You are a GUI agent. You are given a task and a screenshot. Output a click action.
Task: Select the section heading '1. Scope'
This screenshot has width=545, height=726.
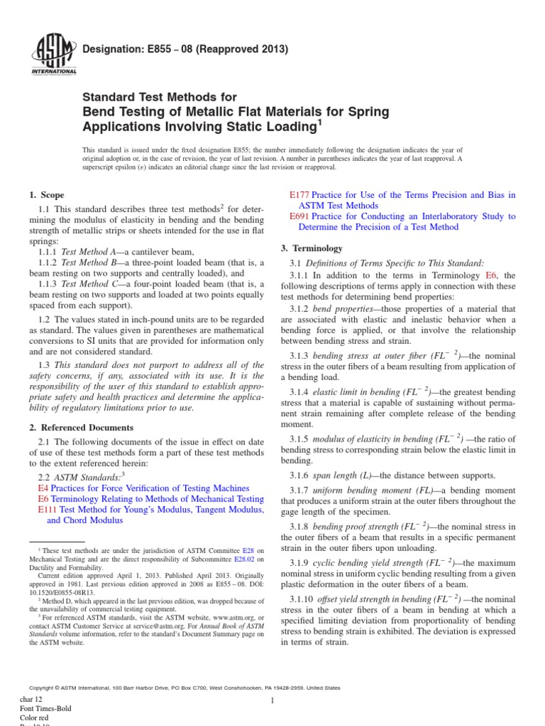coord(46,195)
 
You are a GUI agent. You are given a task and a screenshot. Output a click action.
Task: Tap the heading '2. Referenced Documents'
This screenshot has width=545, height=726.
coord(80,428)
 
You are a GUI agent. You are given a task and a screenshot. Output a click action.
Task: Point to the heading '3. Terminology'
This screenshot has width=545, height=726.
coord(312,248)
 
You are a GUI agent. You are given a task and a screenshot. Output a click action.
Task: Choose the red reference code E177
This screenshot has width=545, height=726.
coord(299,195)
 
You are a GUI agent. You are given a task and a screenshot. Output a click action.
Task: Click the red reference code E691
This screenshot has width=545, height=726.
coord(299,216)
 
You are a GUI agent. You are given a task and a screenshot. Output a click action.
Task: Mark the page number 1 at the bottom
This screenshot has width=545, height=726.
coord(272,700)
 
